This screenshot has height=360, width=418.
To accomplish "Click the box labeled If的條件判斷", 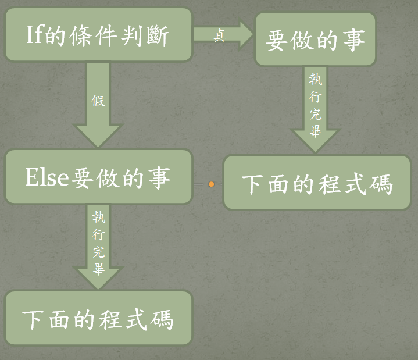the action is (x=98, y=35).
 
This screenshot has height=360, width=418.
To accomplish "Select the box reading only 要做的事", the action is (x=316, y=40).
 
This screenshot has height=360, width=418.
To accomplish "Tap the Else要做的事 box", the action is (x=98, y=177).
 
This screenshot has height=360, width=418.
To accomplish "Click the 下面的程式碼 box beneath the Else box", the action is (x=98, y=319).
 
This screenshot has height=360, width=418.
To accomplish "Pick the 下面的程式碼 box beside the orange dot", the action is (x=317, y=183).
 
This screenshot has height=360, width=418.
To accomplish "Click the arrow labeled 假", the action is (x=98, y=105).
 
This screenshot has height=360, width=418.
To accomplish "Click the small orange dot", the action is (x=211, y=184).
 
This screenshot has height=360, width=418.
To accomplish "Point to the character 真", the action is (x=219, y=37).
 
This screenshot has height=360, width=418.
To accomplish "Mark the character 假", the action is (x=98, y=100).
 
